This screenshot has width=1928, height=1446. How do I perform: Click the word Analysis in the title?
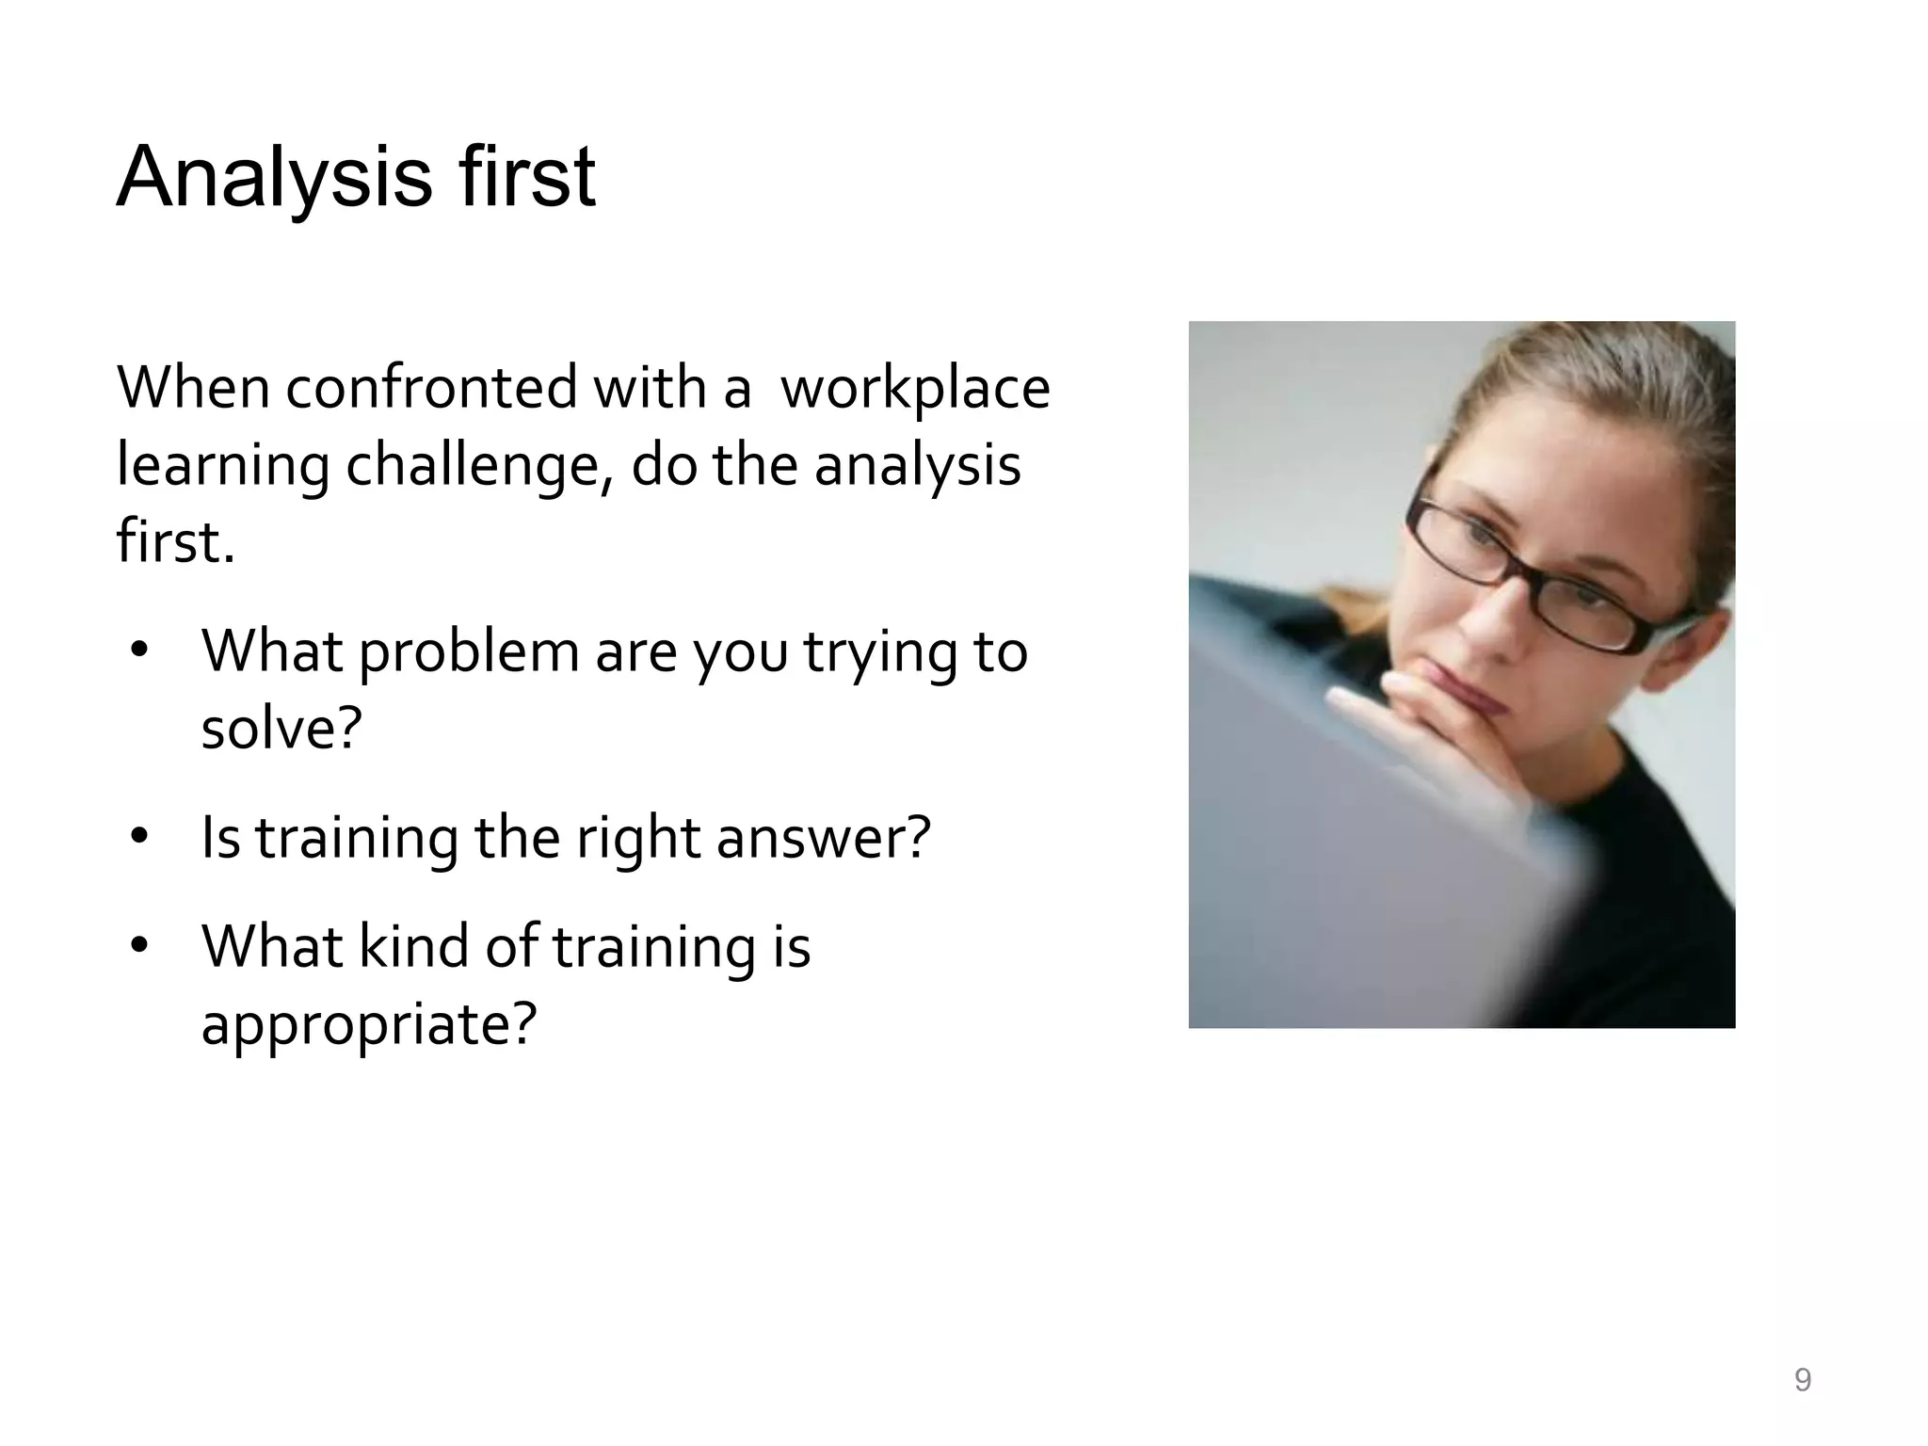(x=274, y=179)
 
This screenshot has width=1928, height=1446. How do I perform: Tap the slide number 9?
(x=1802, y=1380)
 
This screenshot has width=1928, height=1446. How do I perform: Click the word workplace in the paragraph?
(x=915, y=389)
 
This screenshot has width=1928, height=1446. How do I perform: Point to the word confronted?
(x=431, y=388)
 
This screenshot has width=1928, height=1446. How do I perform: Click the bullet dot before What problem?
(x=140, y=651)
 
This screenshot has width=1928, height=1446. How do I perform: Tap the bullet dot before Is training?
(x=140, y=836)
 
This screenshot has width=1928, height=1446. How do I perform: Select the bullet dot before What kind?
(x=140, y=945)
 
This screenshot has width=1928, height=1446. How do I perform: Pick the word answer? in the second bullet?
(x=823, y=838)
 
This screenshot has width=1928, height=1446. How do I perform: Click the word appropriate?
(x=368, y=1024)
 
